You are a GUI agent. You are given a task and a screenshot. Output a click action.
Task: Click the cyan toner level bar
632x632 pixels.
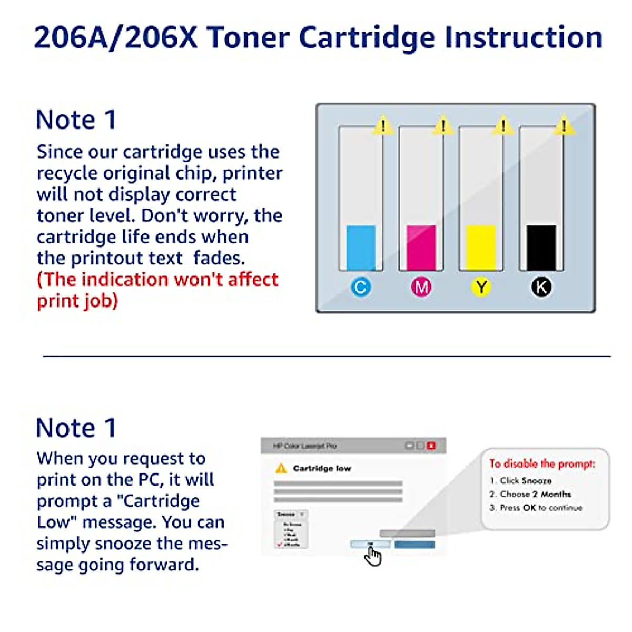tap(361, 248)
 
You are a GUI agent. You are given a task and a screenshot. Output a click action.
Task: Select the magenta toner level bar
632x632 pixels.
tap(421, 248)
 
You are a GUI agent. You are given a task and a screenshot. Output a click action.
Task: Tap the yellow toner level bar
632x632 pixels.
tap(481, 248)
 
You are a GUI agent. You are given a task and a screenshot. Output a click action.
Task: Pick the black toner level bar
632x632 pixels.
tap(541, 248)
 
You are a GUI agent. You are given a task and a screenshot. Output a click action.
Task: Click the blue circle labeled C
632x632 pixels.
tap(361, 287)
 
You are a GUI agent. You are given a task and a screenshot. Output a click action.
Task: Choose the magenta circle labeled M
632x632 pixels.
tap(421, 287)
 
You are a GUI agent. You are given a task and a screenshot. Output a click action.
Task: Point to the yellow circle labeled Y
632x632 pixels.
tap(481, 287)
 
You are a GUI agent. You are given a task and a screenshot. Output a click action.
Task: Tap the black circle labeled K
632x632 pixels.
tap(541, 287)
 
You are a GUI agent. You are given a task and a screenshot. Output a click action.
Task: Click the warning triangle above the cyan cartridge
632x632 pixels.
tap(383, 126)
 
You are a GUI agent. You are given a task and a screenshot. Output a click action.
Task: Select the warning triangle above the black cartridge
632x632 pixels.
tap(564, 126)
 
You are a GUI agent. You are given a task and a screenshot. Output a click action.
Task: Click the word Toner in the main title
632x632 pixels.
tap(248, 38)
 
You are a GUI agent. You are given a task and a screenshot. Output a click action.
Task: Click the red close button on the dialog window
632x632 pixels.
tap(431, 446)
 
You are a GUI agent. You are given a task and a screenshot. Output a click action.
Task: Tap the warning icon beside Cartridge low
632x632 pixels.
tap(281, 468)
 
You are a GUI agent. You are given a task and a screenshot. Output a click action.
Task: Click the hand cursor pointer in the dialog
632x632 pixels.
tap(373, 556)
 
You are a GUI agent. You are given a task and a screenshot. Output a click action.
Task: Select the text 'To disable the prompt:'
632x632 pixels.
tap(542, 463)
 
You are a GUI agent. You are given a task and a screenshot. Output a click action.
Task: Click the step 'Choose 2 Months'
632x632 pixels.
tap(535, 494)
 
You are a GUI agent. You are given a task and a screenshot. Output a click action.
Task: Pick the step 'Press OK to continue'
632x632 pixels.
tap(541, 508)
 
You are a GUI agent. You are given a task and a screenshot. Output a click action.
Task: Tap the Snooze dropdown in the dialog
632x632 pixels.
tap(290, 514)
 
